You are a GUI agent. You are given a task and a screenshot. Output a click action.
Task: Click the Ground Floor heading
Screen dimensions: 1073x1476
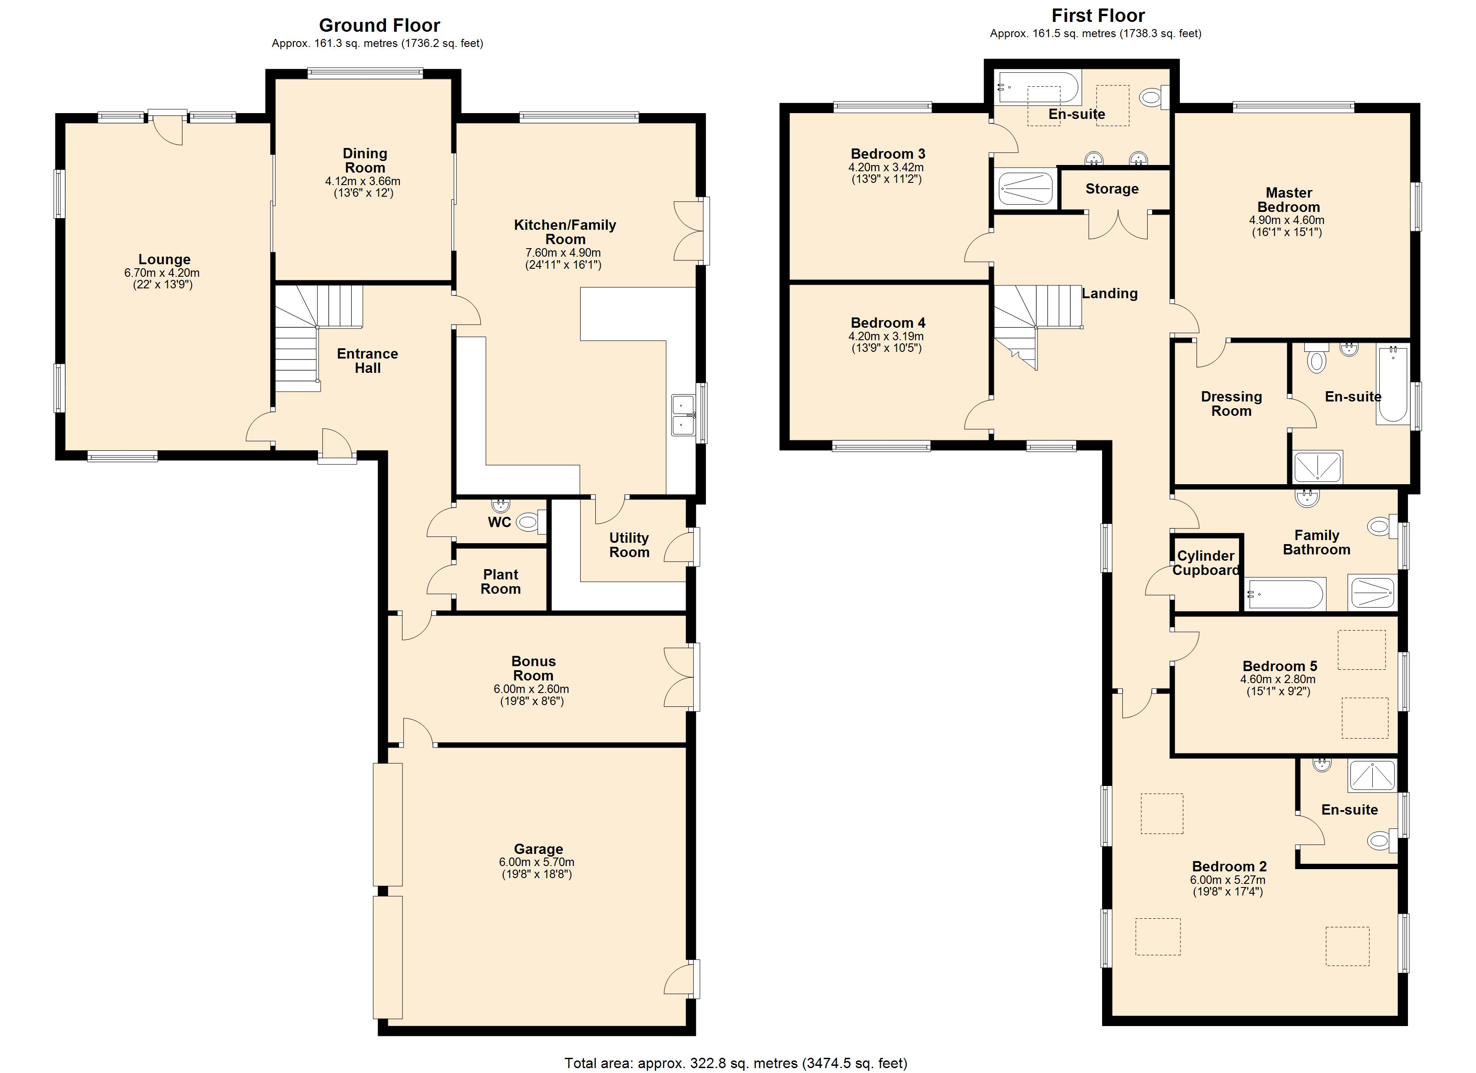(x=379, y=25)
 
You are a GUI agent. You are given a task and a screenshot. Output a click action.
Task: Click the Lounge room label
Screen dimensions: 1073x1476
(x=164, y=259)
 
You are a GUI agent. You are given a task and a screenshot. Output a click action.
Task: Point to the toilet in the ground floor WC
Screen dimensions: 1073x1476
(x=528, y=521)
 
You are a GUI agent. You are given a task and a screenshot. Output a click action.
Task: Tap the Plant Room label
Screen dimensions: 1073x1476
(x=500, y=582)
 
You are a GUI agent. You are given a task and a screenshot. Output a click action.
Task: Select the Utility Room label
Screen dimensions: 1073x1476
(x=629, y=545)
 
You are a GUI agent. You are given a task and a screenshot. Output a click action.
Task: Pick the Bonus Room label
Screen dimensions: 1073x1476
(x=533, y=668)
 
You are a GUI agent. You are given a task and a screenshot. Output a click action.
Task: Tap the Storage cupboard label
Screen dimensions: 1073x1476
(x=1111, y=189)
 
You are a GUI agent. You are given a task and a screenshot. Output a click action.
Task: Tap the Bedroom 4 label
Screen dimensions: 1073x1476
(x=888, y=323)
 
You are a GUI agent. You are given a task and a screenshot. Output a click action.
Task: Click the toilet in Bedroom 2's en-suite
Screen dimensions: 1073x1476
(x=1379, y=841)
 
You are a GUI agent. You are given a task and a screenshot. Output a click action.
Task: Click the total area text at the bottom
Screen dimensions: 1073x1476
(x=735, y=1063)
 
